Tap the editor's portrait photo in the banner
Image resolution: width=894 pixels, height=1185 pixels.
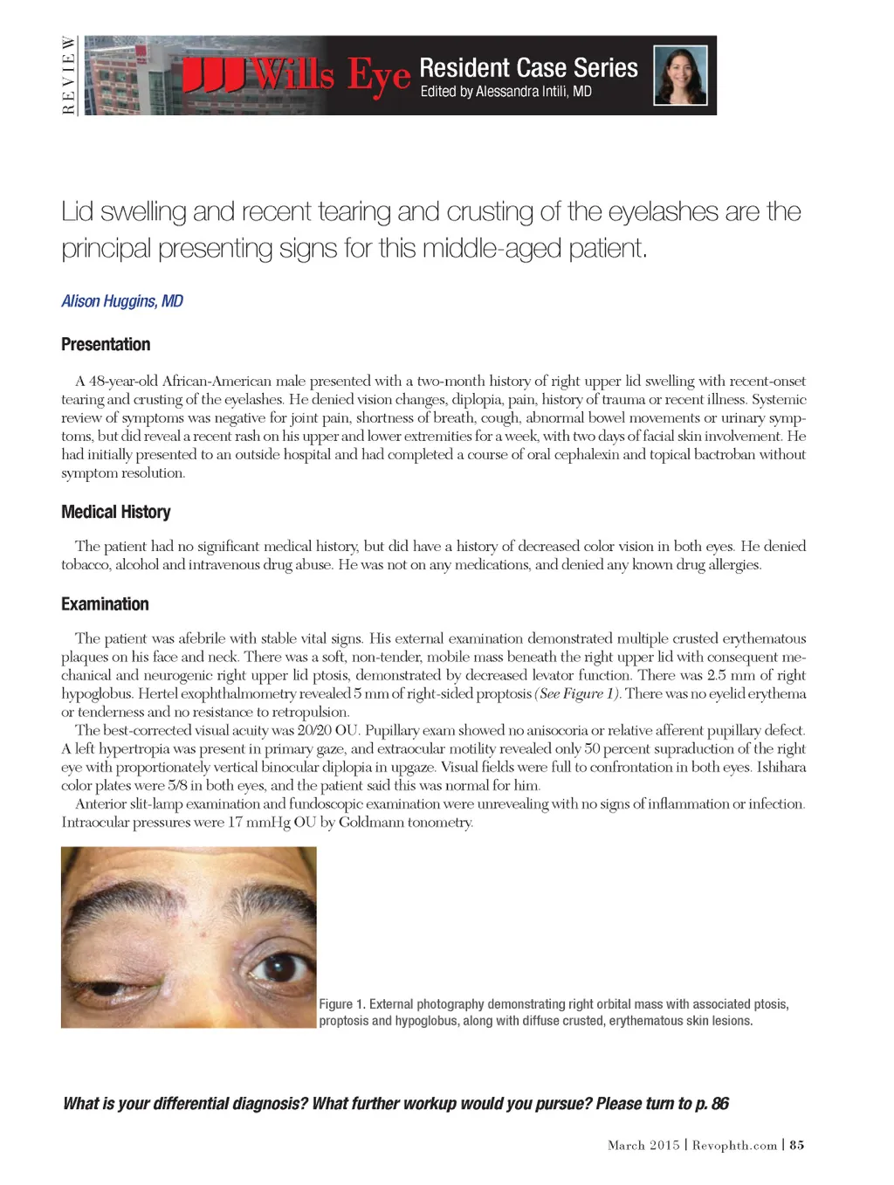coord(680,75)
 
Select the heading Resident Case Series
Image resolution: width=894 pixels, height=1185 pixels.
coord(528,67)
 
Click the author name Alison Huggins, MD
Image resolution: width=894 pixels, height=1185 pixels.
coord(122,301)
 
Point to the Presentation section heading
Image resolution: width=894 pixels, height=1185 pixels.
coord(106,344)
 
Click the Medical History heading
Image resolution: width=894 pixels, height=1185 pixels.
coord(115,512)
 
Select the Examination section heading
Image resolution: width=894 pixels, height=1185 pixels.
coord(105,604)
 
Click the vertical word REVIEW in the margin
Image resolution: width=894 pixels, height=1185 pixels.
coord(68,75)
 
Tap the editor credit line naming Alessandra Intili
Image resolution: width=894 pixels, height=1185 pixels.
coord(505,92)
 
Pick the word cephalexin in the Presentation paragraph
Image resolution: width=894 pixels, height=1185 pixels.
coord(586,454)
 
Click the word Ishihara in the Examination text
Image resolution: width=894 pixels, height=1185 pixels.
coord(781,767)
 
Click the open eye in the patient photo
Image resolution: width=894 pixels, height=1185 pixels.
coord(276,966)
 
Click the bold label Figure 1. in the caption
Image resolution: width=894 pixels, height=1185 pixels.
coord(342,1004)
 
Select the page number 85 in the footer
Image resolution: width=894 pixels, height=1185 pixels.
coord(797,1145)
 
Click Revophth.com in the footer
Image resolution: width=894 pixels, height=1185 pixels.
coord(734,1145)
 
